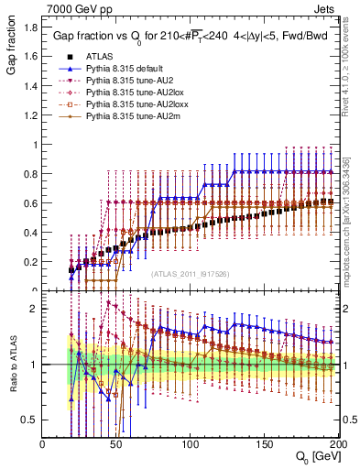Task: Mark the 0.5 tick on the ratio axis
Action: click(30, 420)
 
